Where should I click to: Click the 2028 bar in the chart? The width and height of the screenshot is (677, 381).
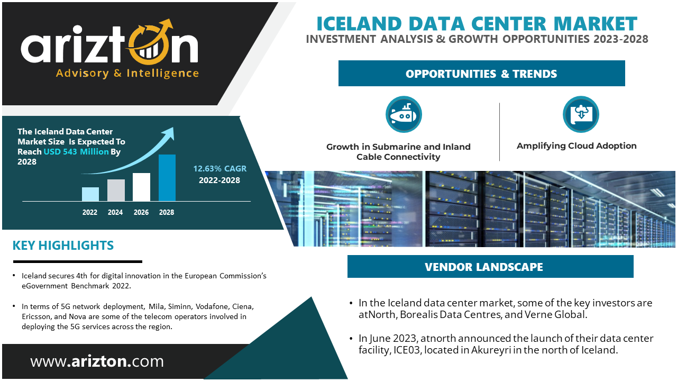167,177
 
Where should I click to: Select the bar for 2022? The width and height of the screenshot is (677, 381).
90,194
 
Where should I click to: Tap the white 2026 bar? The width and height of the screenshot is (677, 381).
141,187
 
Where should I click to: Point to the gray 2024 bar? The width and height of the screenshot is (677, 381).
116,190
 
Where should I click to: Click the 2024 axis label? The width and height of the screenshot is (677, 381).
115,212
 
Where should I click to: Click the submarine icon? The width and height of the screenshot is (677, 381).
404,114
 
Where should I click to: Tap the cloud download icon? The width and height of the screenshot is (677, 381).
581,114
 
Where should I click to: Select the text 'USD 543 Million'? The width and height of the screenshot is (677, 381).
76,151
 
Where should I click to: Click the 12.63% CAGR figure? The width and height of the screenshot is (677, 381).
219,168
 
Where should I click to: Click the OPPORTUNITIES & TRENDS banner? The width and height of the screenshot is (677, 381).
481,74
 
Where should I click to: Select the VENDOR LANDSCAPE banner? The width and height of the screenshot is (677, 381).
490,266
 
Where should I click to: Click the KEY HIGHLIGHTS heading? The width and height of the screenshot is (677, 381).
63,245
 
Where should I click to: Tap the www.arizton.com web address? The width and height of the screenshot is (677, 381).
97,361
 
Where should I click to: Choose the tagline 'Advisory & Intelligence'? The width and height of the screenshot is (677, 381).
127,73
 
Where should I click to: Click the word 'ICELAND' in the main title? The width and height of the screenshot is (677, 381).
359,24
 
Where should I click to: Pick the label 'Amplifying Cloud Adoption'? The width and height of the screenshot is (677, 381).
577,146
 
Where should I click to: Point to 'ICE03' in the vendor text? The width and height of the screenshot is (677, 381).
407,350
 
